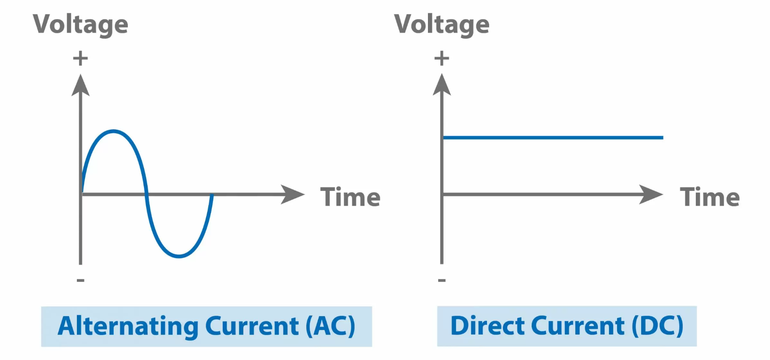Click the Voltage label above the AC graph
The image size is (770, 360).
pos(80,24)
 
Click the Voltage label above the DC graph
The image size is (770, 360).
pos(442,24)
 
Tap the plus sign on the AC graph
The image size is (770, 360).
pos(80,58)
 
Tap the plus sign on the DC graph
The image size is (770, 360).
pos(442,58)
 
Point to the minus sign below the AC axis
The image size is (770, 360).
pos(80,280)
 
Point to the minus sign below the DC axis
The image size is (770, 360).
pos(442,280)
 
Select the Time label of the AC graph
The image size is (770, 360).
pos(351,197)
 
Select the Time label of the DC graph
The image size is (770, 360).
pos(710,197)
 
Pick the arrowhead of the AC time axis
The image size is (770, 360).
pos(292,195)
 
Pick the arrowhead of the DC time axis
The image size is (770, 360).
pos(651,195)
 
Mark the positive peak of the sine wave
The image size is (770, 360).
pos(114,131)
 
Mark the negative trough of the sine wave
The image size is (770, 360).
pos(179,256)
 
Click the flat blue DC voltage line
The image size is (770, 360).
pos(553,138)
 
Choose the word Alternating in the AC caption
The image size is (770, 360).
pos(128,326)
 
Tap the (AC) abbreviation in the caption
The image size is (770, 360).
pos(330,326)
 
